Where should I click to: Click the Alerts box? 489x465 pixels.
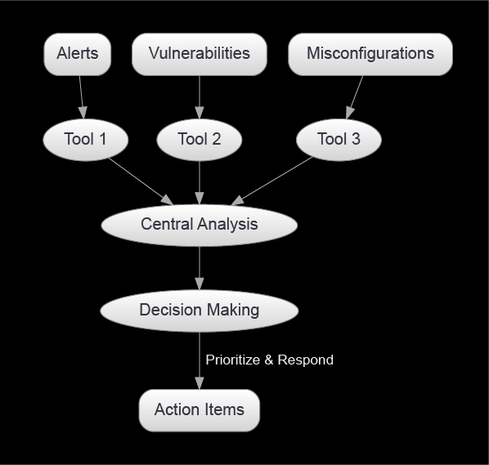(78, 54)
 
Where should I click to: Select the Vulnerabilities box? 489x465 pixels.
(200, 54)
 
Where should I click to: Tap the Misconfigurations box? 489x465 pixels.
(370, 54)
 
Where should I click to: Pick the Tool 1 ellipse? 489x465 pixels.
(85, 140)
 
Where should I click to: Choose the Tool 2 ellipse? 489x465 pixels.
(200, 140)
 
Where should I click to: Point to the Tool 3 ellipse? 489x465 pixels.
(339, 140)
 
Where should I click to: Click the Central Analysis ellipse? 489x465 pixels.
(200, 226)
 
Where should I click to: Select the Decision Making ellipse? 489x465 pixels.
(200, 311)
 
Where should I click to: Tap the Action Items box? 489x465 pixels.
(200, 410)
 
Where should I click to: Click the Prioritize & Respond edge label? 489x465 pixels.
(270, 360)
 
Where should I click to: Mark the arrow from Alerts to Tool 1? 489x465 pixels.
(82, 97)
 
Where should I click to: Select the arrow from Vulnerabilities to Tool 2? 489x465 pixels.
(200, 97)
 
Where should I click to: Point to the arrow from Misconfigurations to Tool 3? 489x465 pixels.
(355, 97)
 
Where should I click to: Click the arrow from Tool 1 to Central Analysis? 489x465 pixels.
(141, 181)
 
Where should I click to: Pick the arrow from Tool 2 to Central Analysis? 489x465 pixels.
(200, 182)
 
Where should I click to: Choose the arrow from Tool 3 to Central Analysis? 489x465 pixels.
(272, 181)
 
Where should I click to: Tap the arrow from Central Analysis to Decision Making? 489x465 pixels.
(200, 268)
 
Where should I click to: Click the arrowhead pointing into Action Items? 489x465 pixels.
(200, 383)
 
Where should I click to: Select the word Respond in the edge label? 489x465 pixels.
(305, 360)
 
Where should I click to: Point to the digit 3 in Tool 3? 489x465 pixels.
(356, 139)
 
